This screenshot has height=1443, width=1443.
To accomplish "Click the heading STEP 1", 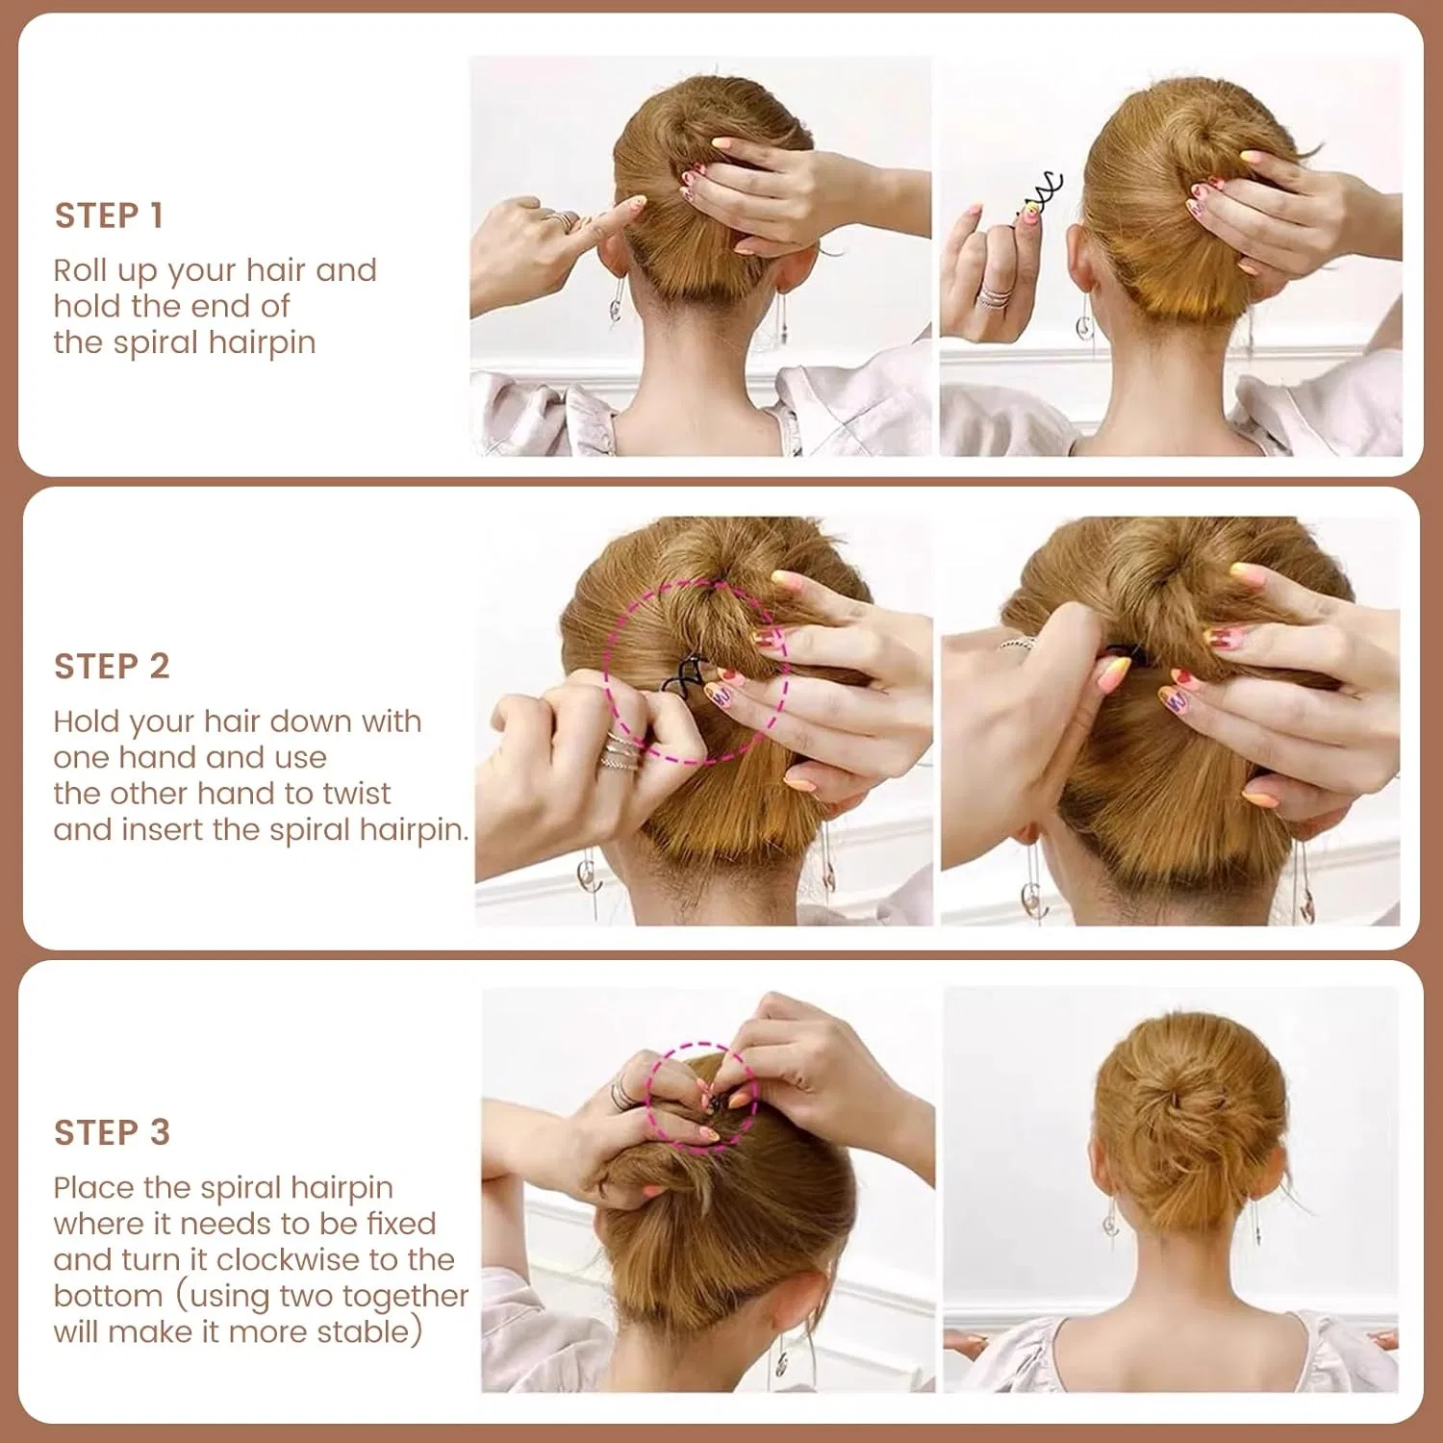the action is [x=109, y=215].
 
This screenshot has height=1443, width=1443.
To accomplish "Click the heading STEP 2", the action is [x=112, y=666].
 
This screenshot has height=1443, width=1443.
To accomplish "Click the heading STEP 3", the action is [x=112, y=1132].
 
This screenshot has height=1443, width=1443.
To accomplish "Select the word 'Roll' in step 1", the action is [x=79, y=270].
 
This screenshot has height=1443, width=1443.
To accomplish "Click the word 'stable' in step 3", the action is [x=364, y=1331].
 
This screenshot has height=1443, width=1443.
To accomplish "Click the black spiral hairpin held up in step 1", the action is [x=1039, y=191].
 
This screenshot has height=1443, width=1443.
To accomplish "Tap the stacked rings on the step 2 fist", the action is [x=620, y=752].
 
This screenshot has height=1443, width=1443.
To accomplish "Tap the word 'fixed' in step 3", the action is [x=401, y=1224].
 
